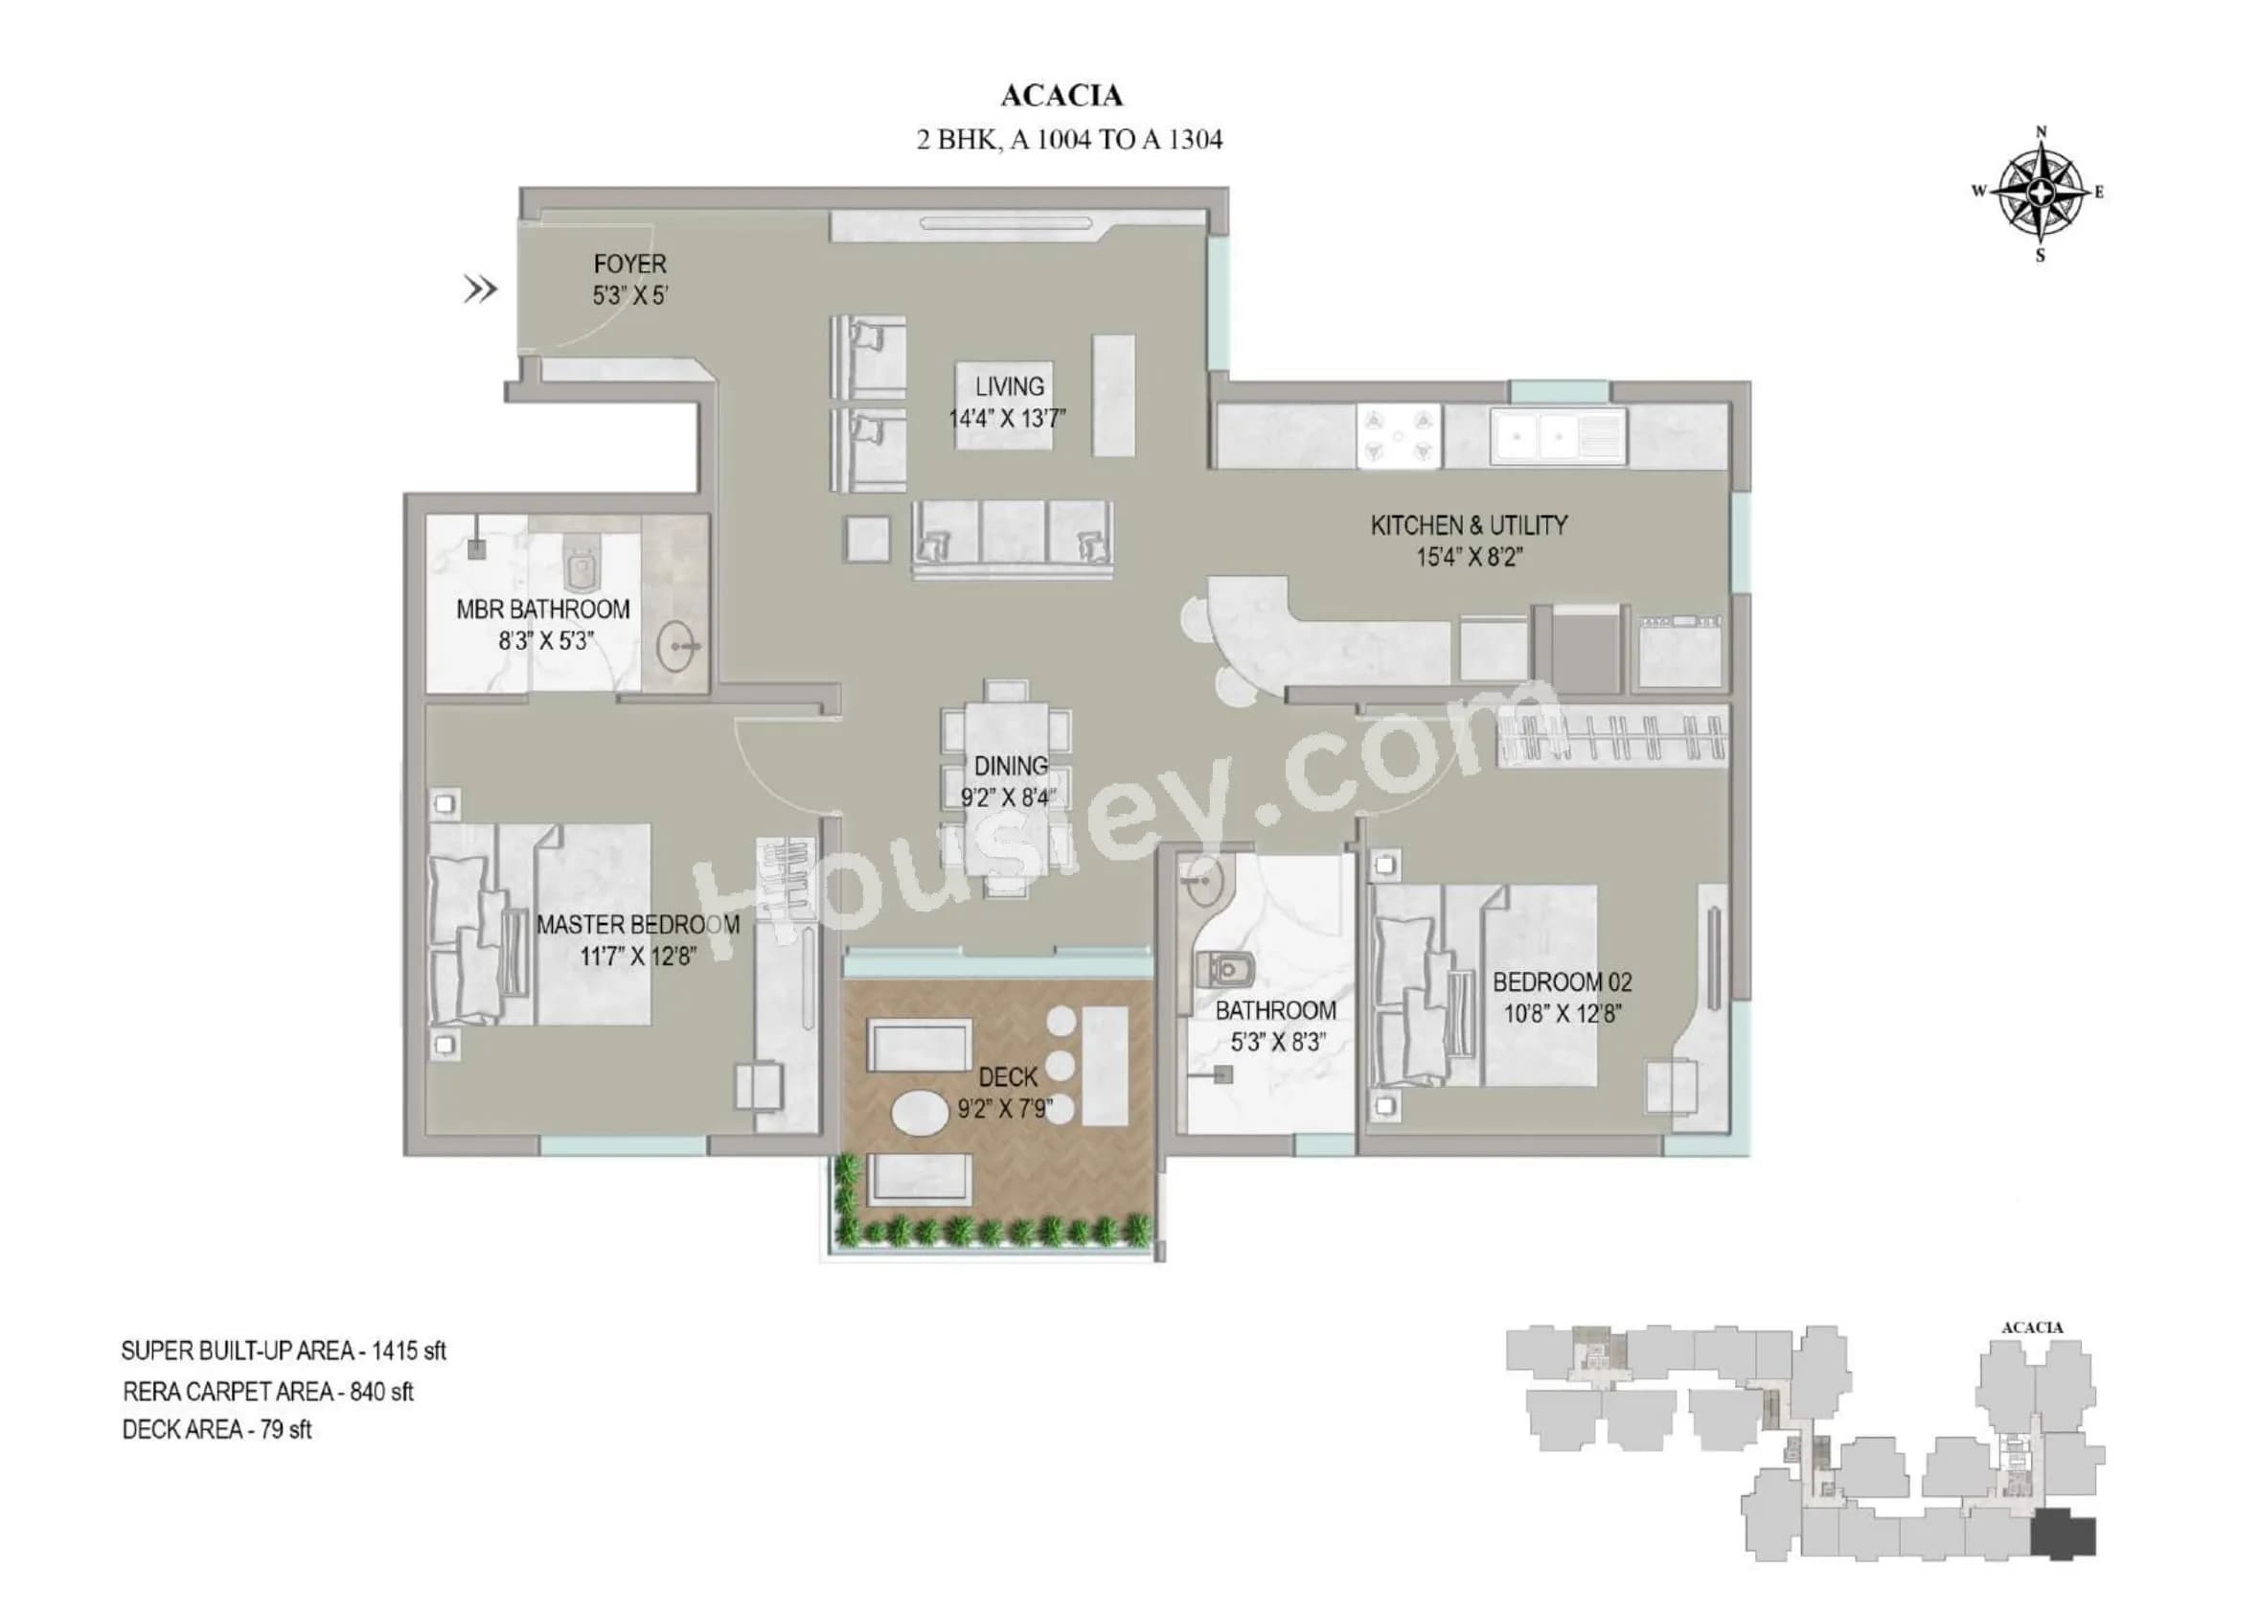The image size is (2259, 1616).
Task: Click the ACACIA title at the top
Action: (x=1061, y=96)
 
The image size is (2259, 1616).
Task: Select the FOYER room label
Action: (x=628, y=265)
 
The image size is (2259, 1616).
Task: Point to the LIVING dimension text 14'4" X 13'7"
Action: (x=1007, y=419)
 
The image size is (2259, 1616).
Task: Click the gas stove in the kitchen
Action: (x=1398, y=436)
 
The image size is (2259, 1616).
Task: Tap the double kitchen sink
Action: (x=1540, y=436)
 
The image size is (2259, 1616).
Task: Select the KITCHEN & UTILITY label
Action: (x=1469, y=525)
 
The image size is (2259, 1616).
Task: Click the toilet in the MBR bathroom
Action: (x=580, y=568)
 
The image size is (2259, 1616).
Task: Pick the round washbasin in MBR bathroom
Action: (x=680, y=647)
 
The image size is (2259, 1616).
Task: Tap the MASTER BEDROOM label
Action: (x=638, y=924)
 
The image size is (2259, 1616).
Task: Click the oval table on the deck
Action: (x=920, y=1113)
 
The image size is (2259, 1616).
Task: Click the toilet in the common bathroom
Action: (x=1226, y=966)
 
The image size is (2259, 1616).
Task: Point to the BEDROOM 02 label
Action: (x=1562, y=982)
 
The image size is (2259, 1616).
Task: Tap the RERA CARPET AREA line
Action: (x=267, y=1391)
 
